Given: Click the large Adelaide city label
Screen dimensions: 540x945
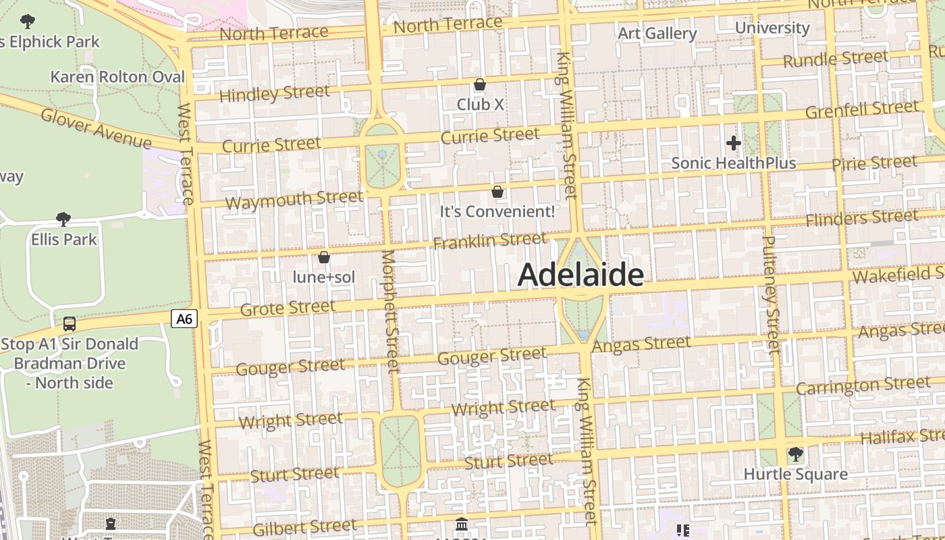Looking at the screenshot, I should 580,275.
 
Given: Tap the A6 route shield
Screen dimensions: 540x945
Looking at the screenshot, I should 184,319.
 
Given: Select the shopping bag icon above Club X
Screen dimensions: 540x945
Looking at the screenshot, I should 480,84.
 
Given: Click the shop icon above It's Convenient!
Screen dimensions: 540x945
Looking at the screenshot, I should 497,192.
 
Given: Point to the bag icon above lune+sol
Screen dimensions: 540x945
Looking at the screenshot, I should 324,257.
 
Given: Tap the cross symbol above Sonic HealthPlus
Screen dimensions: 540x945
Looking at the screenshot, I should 734,143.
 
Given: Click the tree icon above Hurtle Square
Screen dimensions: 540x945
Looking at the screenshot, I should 796,454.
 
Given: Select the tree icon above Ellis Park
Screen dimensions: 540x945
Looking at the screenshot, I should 63,219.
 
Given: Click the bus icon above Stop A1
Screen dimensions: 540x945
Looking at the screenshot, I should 70,324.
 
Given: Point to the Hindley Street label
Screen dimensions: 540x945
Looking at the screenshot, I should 275,93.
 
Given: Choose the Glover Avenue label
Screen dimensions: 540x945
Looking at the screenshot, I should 96,128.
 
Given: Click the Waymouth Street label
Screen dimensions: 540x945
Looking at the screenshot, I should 294,200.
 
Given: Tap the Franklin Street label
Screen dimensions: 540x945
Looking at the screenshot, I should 489,240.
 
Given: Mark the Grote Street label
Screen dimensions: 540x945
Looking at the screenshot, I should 288,308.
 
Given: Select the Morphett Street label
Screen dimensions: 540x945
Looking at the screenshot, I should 391,311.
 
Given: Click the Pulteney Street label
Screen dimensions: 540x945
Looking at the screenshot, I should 772,294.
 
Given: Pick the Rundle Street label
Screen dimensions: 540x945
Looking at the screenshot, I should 836,59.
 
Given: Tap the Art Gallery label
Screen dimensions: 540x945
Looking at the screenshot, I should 657,33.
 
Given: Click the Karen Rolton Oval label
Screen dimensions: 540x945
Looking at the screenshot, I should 117,77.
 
